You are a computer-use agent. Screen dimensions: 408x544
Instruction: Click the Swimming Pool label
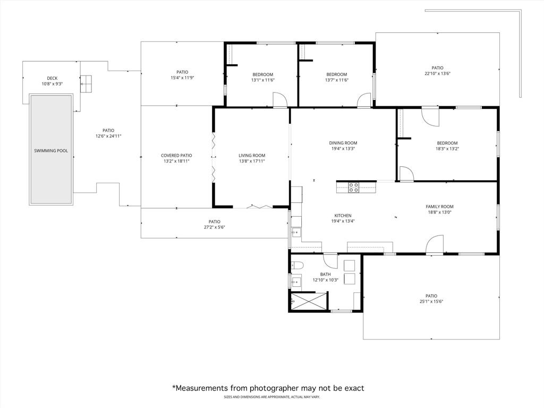click(x=51, y=151)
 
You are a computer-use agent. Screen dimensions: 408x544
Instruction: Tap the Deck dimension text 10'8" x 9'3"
click(x=52, y=84)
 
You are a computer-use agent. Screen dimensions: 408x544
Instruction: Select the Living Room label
click(x=251, y=156)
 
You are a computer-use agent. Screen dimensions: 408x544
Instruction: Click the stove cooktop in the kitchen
click(x=354, y=186)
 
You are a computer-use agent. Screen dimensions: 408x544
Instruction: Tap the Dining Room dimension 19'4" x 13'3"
click(x=343, y=149)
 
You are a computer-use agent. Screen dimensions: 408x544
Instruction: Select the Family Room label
click(x=439, y=207)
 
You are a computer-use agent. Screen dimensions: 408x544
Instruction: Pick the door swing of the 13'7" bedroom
click(x=364, y=100)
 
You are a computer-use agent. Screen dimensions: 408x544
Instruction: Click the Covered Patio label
click(x=176, y=156)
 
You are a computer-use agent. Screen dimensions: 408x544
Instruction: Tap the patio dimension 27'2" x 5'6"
click(x=214, y=227)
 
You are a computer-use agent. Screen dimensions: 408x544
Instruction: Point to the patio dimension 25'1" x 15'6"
click(x=431, y=302)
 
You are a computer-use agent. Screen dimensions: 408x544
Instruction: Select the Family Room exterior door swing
click(x=435, y=245)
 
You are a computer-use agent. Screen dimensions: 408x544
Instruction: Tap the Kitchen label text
click(x=343, y=216)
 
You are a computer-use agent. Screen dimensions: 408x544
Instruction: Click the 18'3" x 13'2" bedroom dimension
click(x=447, y=149)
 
